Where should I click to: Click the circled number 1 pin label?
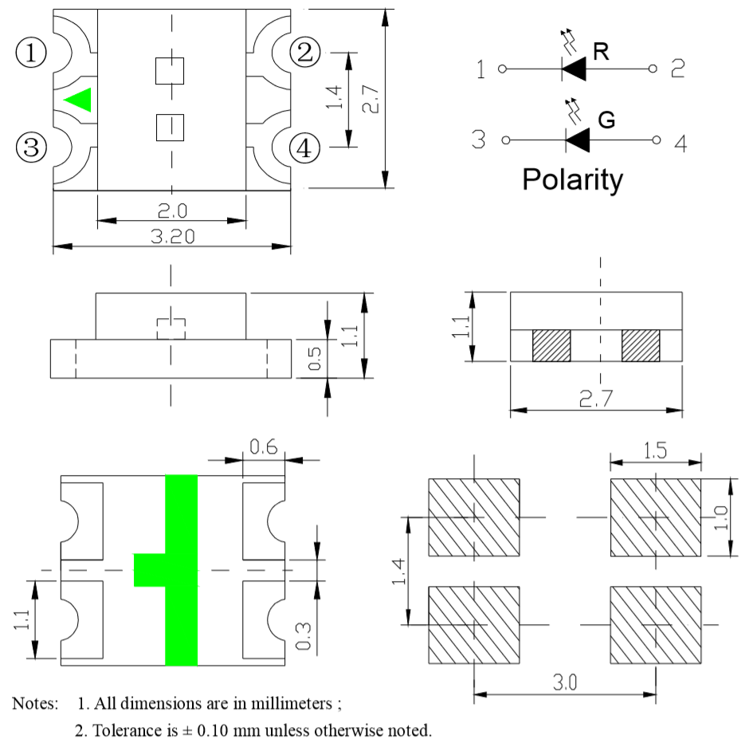31,53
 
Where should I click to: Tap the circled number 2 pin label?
304,53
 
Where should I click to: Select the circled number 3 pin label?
31,147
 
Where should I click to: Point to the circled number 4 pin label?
304,147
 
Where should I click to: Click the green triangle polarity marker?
79,100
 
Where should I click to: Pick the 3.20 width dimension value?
171,238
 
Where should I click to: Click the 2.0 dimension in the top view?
171,211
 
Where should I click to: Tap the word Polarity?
572,180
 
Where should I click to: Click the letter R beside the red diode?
602,53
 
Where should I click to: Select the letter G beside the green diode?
606,121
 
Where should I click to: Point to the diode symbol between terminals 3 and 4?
578,141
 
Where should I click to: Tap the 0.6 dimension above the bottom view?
264,448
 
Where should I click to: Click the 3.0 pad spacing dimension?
566,684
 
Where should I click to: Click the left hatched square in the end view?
551,345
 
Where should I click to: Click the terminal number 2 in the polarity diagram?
678,69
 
